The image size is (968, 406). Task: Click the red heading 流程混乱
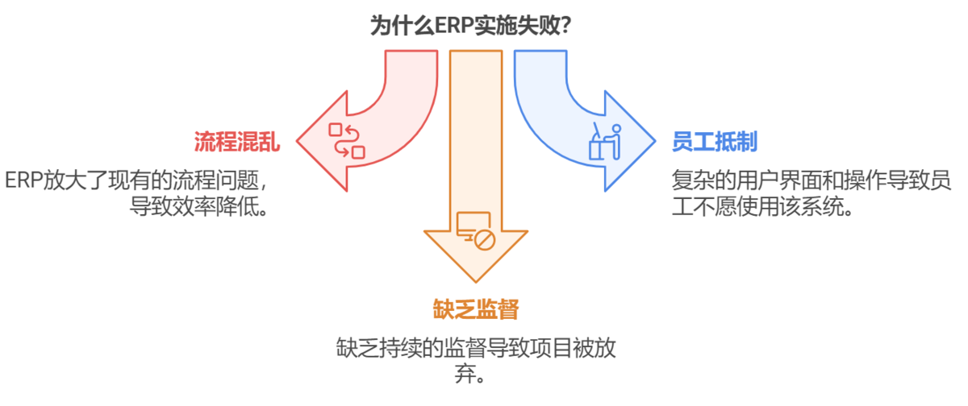click(x=237, y=143)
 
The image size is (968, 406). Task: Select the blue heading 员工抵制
click(x=715, y=143)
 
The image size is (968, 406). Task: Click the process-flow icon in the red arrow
click(x=346, y=140)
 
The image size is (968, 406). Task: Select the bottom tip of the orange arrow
click(x=476, y=281)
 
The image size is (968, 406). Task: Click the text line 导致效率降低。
click(x=199, y=205)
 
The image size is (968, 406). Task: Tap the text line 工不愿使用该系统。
click(x=762, y=205)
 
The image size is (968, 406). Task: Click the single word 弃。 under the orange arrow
click(x=476, y=375)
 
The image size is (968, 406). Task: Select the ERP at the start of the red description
click(x=22, y=180)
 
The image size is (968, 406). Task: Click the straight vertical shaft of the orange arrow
click(x=475, y=137)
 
